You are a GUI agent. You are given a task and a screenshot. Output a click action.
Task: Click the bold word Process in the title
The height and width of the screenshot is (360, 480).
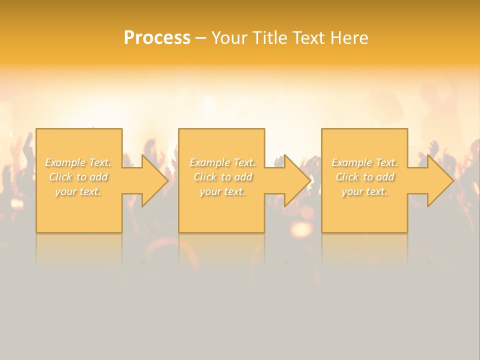click(x=157, y=38)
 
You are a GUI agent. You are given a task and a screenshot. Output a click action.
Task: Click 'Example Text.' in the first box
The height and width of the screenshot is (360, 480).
click(x=78, y=162)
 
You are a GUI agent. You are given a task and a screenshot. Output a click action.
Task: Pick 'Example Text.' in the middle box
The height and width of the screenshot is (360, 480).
click(x=222, y=162)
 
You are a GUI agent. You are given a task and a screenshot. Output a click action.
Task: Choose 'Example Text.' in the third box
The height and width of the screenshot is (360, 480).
click(x=364, y=162)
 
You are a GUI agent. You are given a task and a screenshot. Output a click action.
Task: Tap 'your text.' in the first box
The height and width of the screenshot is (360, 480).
click(x=78, y=191)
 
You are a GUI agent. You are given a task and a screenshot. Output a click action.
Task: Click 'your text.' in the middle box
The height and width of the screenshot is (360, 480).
click(x=222, y=191)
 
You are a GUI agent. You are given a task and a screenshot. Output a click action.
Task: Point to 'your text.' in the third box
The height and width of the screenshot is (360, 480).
click(x=364, y=191)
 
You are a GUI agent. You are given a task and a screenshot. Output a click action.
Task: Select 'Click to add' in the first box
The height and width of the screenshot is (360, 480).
click(x=78, y=177)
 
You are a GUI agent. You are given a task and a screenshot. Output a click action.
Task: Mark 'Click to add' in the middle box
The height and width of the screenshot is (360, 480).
click(x=222, y=177)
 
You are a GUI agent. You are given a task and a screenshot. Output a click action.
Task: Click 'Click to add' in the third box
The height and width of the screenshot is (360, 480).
click(x=364, y=177)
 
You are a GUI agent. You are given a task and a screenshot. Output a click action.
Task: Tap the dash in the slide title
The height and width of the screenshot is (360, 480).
click(x=200, y=38)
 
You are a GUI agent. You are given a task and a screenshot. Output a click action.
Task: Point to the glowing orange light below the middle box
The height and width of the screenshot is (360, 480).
click(x=301, y=229)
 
